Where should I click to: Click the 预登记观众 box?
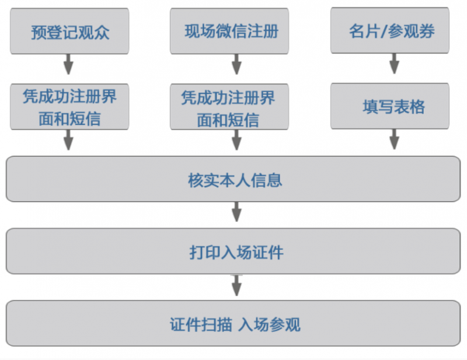[69, 32]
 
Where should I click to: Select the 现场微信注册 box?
[229, 32]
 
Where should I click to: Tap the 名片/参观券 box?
[390, 30]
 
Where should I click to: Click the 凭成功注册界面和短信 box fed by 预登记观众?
[69, 107]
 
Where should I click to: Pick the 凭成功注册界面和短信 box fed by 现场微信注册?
[229, 107]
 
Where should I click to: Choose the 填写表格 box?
[390, 106]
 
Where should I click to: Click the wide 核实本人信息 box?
[233, 179]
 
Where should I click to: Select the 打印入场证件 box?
[233, 251]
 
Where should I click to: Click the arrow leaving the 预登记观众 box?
[68, 64]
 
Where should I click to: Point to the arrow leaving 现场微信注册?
[236, 64]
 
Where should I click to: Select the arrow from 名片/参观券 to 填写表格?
[395, 64]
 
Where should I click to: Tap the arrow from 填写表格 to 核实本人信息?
[395, 139]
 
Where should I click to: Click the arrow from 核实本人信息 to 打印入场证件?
[236, 212]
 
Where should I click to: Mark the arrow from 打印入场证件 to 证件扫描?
[236, 285]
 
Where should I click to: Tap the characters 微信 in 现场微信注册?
[231, 32]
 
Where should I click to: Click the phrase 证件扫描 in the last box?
[201, 324]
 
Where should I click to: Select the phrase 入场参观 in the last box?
[269, 324]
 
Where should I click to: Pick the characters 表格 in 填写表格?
[409, 107]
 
